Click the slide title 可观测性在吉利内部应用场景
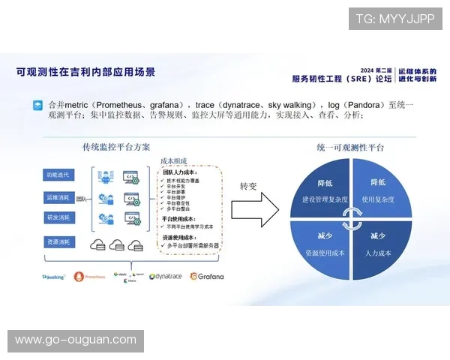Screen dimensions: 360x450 [86, 72]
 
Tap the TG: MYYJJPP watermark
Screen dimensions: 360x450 [395, 18]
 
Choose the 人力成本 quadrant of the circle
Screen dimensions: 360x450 [379, 244]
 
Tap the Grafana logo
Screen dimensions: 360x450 [207, 276]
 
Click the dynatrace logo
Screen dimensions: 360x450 [166, 276]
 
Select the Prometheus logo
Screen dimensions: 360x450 [90, 277]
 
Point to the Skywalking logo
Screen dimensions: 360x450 [54, 277]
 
